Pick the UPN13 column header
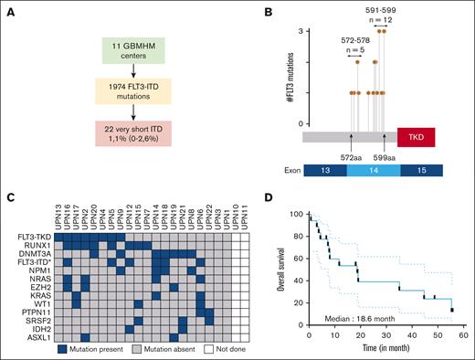pyautogui.click(x=58, y=219)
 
